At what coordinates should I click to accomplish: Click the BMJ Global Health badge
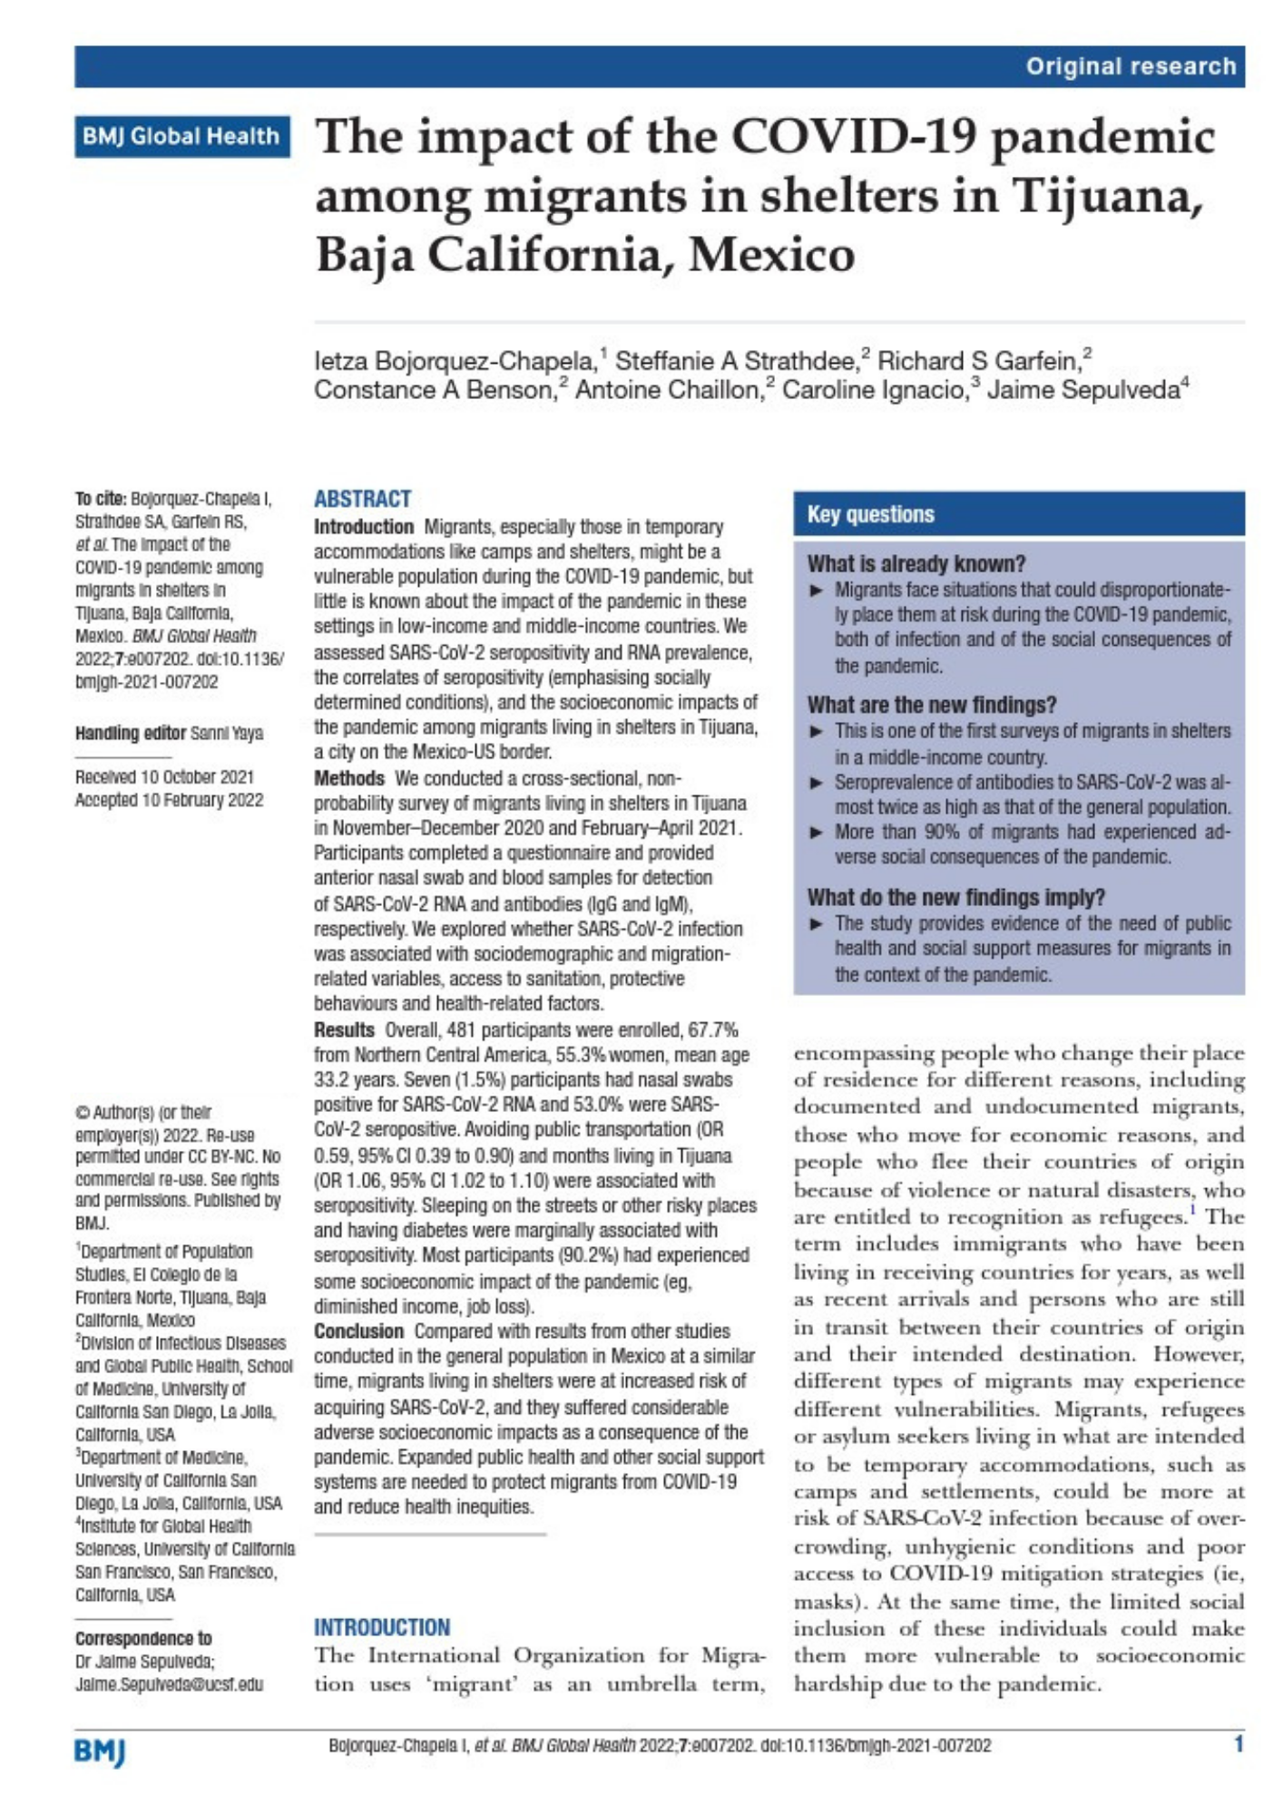click(181, 136)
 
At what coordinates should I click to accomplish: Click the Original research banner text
click(1131, 66)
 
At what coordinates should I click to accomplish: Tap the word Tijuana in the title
click(1112, 196)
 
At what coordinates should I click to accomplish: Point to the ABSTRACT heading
click(362, 499)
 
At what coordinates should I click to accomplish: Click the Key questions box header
click(870, 514)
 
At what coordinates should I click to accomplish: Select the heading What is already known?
click(916, 563)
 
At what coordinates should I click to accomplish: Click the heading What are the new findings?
click(931, 705)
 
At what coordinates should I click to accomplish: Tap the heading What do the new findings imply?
click(955, 897)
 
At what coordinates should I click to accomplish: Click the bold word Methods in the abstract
click(348, 778)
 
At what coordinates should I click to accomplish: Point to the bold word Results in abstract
click(344, 1029)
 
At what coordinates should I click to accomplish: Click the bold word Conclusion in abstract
click(358, 1331)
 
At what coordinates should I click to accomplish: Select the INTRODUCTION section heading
click(382, 1627)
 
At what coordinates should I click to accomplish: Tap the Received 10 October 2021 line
click(164, 777)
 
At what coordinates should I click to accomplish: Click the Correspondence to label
click(142, 1638)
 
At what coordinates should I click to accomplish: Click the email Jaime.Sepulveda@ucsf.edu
click(169, 1684)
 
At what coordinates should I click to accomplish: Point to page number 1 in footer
click(1238, 1743)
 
